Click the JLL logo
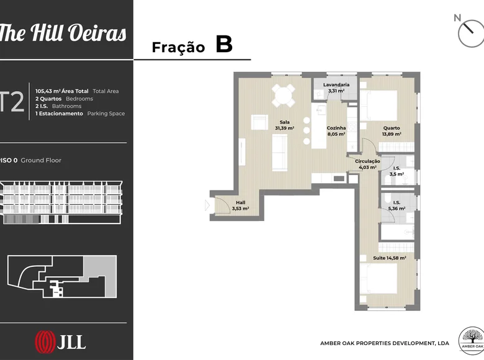(x=60, y=342)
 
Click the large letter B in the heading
(x=224, y=44)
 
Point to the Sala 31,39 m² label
(x=284, y=125)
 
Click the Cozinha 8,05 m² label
(x=336, y=131)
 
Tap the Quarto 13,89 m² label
(x=392, y=131)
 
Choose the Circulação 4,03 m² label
(x=367, y=164)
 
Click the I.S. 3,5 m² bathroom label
(x=397, y=171)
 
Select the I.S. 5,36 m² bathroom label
(x=397, y=205)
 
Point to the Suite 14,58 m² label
(x=390, y=258)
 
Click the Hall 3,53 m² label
(x=241, y=205)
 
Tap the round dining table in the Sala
(x=284, y=96)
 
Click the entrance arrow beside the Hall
(x=207, y=205)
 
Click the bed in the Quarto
(x=379, y=106)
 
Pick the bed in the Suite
(x=379, y=279)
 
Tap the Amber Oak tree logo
(x=472, y=341)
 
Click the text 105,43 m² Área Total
(x=61, y=91)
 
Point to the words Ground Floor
(x=41, y=160)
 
